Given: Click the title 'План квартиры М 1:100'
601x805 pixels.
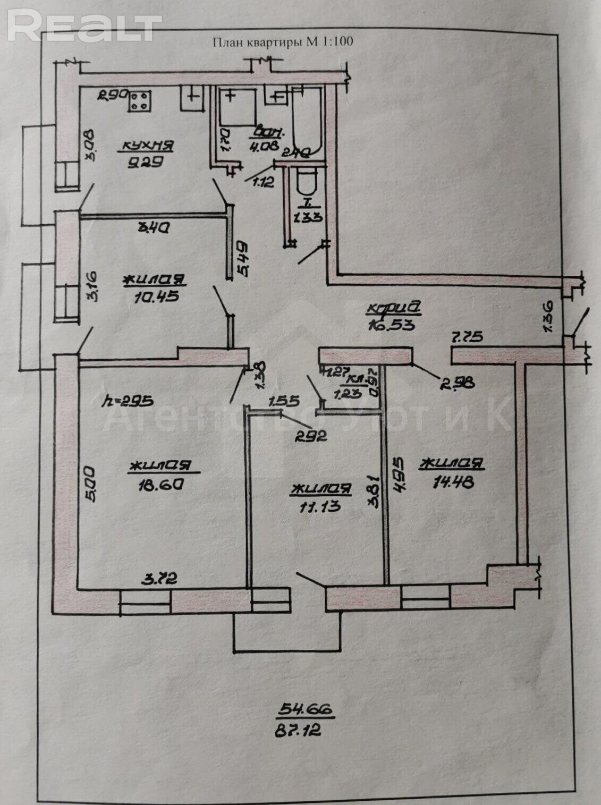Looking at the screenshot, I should coord(282,42).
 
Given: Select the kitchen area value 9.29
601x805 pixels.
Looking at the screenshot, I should coord(139,163).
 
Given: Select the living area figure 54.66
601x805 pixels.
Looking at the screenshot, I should coord(306,709).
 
